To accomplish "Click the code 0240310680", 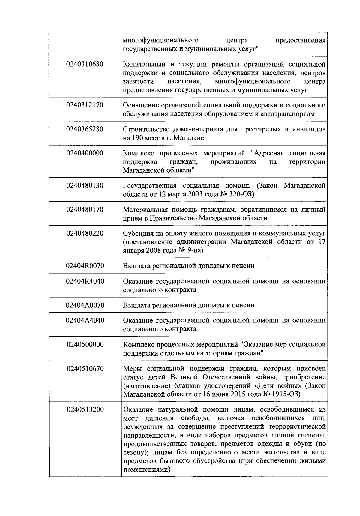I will (x=85, y=64).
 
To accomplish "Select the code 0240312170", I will (x=85, y=105).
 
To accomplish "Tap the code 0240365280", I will (x=85, y=129).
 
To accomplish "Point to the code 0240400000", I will (x=85, y=153).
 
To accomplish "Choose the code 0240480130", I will (x=85, y=186).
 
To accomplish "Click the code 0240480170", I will (x=85, y=210).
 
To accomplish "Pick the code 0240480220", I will (x=85, y=234).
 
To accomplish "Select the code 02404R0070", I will (x=85, y=266).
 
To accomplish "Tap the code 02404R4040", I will (x=85, y=281).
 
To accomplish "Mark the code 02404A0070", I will (x=85, y=305).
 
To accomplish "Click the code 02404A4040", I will (x=85, y=321).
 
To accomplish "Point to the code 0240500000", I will (x=85, y=345).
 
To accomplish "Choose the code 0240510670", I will (x=85, y=369).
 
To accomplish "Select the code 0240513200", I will (x=85, y=409).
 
